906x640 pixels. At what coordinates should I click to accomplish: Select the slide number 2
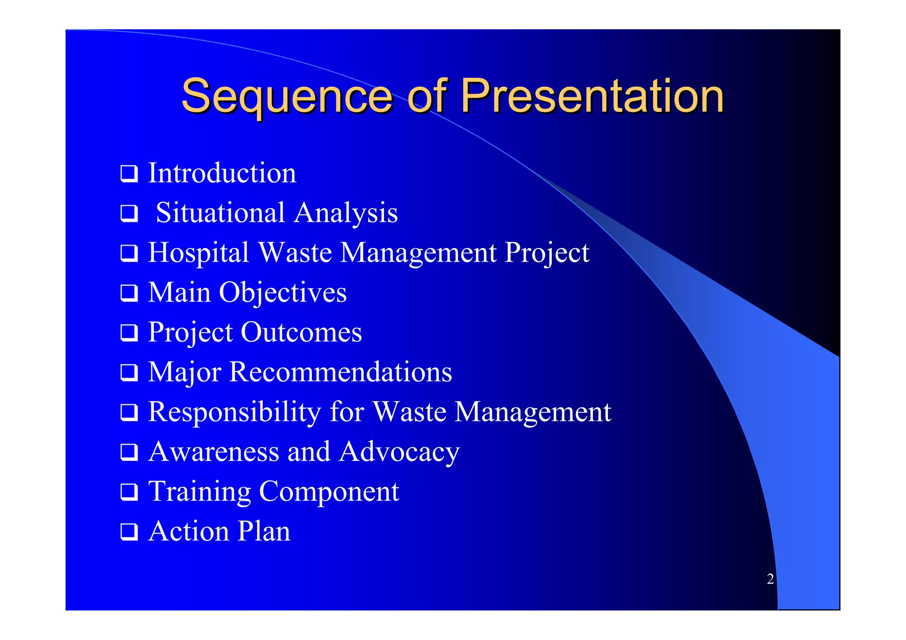pos(770,579)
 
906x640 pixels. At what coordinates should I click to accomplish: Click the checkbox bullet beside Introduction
pos(129,173)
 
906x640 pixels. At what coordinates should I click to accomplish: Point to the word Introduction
pos(222,173)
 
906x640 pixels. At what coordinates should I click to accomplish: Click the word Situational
pos(220,213)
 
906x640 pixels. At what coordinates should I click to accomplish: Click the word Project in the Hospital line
pos(547,253)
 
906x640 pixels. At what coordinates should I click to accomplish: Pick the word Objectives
pos(283,293)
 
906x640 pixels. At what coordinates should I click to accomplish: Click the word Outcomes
pos(301,332)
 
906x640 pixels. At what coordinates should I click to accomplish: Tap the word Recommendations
pos(341,372)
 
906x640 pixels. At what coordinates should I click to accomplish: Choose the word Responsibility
pos(234,412)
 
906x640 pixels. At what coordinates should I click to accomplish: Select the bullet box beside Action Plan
pos(129,532)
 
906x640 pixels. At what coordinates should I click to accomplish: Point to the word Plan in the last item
pos(264,531)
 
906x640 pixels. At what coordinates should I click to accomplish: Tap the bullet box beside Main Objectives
pos(129,293)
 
